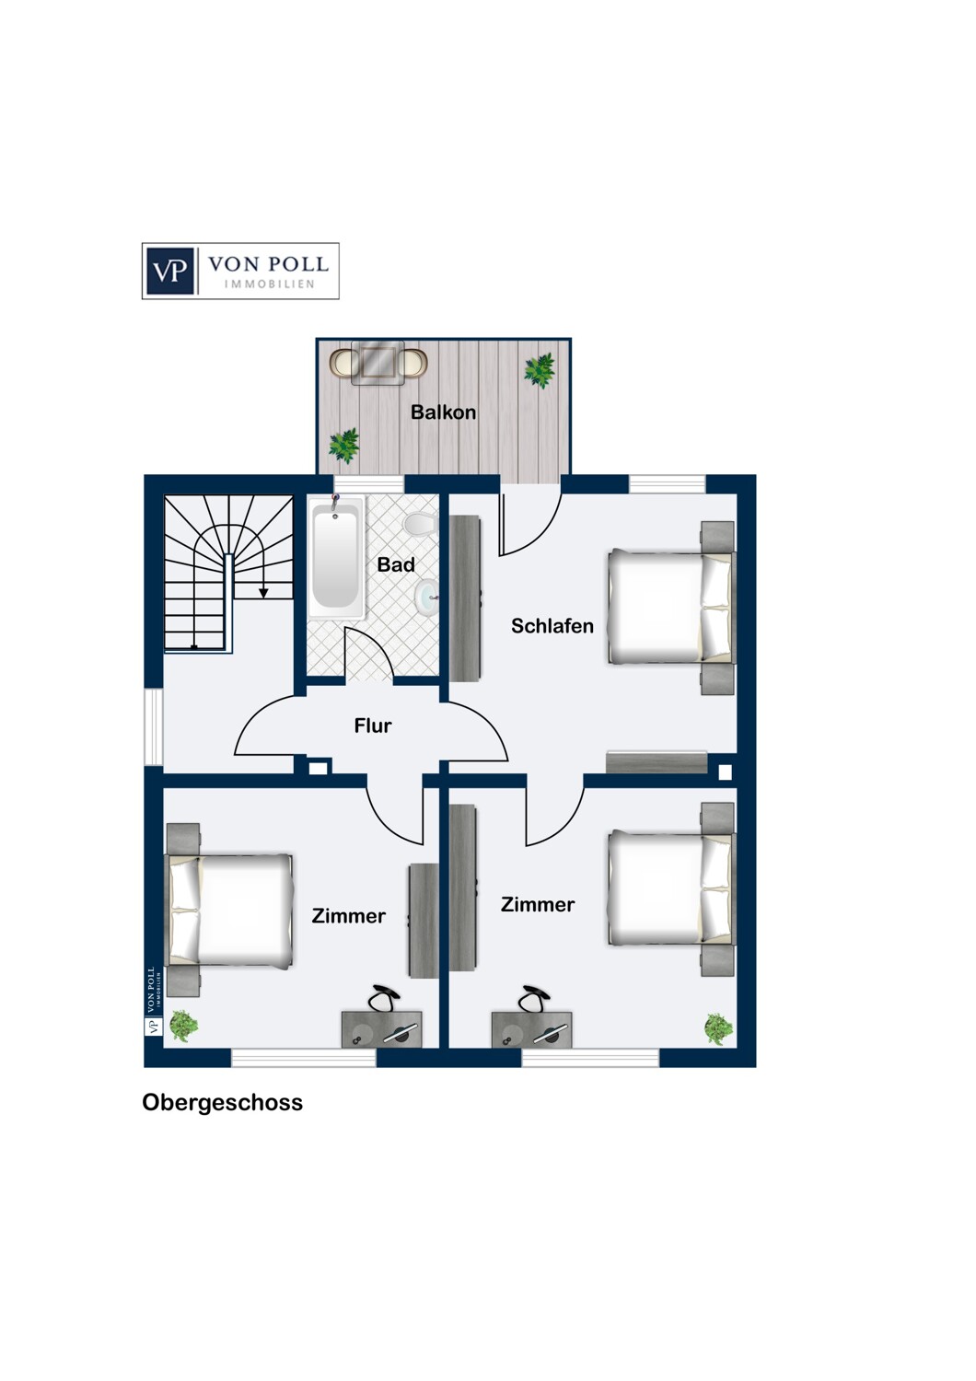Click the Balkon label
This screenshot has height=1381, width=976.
click(x=443, y=412)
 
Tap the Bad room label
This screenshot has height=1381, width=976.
click(x=396, y=564)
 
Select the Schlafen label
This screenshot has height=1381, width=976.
click(x=552, y=626)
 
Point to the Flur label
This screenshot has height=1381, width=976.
click(x=372, y=725)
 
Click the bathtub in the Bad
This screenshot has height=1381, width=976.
click(x=336, y=557)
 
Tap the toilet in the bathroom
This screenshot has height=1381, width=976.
click(x=421, y=524)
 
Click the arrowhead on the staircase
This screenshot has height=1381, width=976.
click(x=263, y=593)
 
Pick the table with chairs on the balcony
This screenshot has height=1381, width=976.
click(x=378, y=363)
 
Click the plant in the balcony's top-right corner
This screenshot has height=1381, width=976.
click(x=540, y=370)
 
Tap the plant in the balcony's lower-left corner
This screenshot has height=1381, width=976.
click(x=344, y=445)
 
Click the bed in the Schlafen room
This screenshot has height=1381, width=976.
click(x=672, y=607)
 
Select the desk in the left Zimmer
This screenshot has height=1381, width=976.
click(x=381, y=1029)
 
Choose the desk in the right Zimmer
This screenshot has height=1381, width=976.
click(x=531, y=1029)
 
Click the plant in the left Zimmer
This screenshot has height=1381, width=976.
click(x=183, y=1026)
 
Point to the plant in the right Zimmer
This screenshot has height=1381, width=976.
click(x=718, y=1028)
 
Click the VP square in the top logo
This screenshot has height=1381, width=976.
click(x=170, y=272)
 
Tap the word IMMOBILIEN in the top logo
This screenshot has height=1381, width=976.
click(x=270, y=284)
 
